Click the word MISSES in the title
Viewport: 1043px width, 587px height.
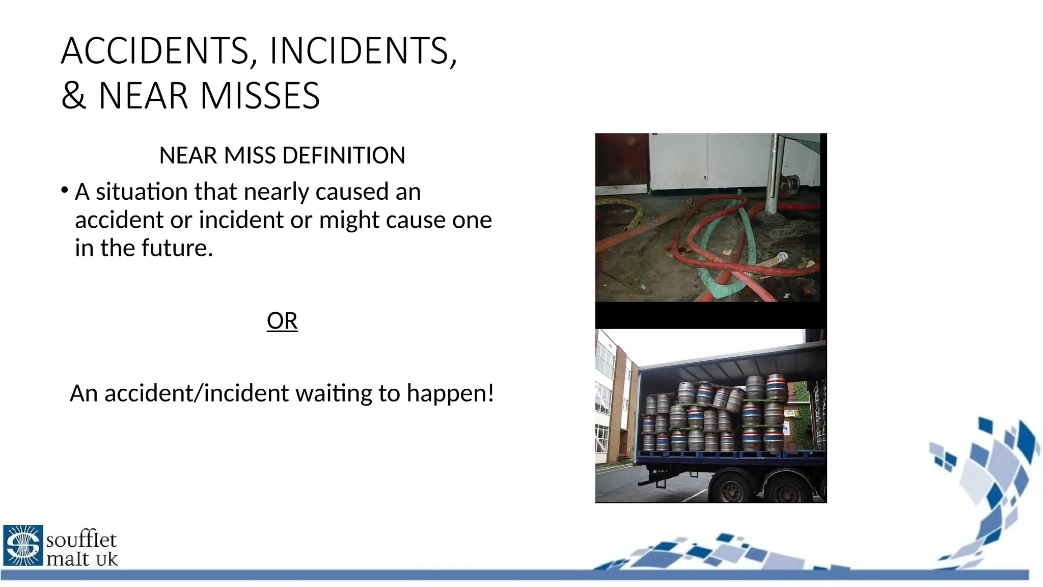pos(260,96)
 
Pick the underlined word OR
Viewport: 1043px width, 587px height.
pos(282,321)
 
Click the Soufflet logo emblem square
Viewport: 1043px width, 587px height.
pos(23,545)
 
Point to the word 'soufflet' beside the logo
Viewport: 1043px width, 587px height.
pos(81,540)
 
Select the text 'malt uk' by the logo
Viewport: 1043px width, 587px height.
pos(82,559)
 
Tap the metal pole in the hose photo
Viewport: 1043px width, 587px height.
pos(774,173)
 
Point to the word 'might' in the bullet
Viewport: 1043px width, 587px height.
pos(350,220)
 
